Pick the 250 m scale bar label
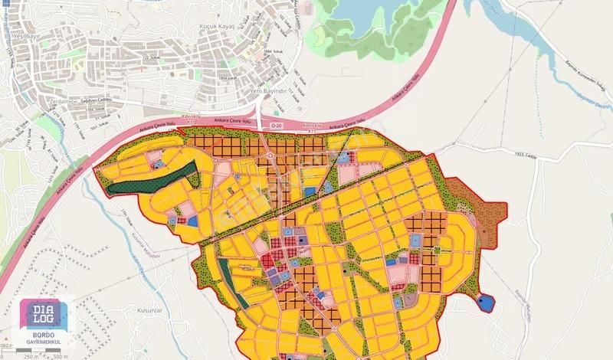click(29, 355)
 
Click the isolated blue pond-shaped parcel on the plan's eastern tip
click(486, 303)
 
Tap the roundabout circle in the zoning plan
click(270, 155)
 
